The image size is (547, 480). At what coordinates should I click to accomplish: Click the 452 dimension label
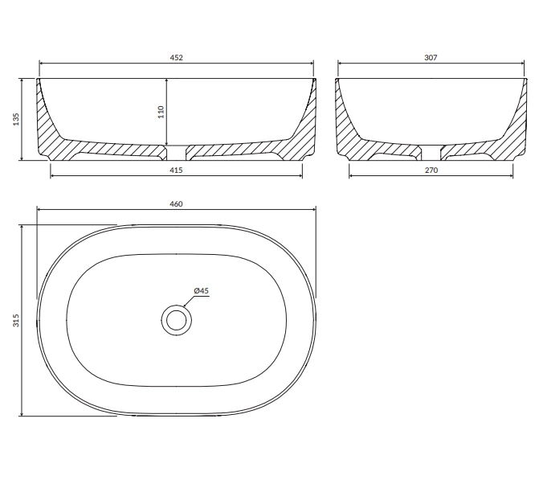pyautogui.click(x=176, y=58)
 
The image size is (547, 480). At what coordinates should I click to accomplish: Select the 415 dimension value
pyautogui.click(x=176, y=170)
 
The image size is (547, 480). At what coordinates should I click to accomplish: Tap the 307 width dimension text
pyautogui.click(x=431, y=58)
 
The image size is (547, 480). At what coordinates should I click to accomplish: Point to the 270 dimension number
pyautogui.click(x=431, y=170)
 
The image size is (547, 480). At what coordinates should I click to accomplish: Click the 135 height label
pyautogui.click(x=16, y=119)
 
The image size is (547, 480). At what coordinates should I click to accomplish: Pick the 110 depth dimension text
pyautogui.click(x=161, y=112)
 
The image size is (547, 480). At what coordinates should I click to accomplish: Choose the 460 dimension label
pyautogui.click(x=176, y=204)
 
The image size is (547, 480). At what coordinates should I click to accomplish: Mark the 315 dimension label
pyautogui.click(x=16, y=320)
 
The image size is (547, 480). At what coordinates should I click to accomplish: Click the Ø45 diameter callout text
pyautogui.click(x=202, y=291)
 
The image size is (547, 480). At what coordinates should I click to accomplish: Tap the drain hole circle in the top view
pyautogui.click(x=177, y=320)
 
